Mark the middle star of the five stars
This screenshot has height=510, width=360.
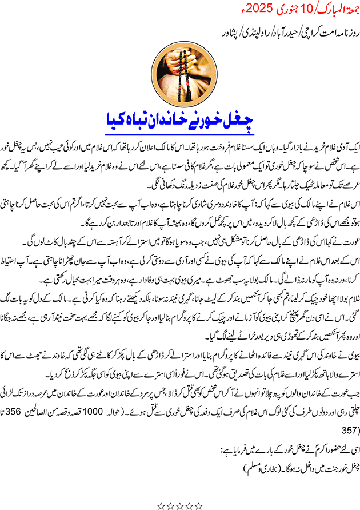[x=180, y=505]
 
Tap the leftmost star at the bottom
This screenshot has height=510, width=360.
[x=162, y=505]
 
